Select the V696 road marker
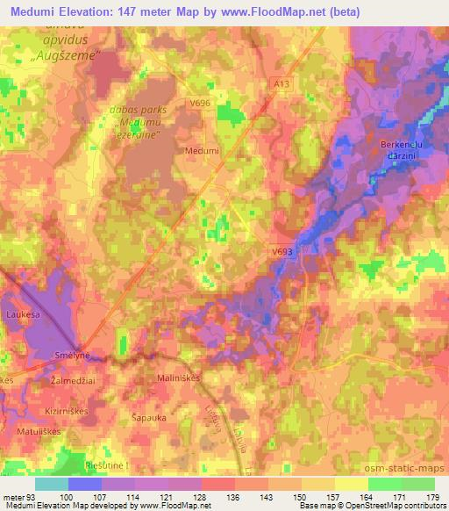pyautogui.click(x=201, y=104)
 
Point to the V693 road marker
pyautogui.click(x=281, y=251)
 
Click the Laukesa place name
pyautogui.click(x=24, y=312)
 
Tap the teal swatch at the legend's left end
pyautogui.click(x=51, y=484)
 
